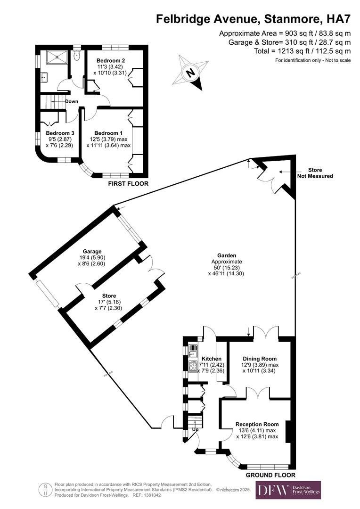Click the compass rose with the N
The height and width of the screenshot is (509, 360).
191,72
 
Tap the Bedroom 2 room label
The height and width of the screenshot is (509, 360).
110,61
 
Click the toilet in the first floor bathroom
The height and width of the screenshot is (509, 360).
77,56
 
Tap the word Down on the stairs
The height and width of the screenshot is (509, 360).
72,101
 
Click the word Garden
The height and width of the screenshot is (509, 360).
227,255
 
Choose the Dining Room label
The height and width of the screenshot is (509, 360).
260,359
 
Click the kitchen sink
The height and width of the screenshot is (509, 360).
193,350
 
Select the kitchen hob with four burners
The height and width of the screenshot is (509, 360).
193,366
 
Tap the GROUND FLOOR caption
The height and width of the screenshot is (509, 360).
270,475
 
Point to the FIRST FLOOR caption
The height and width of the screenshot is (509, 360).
128,183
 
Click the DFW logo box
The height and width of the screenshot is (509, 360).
288,490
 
